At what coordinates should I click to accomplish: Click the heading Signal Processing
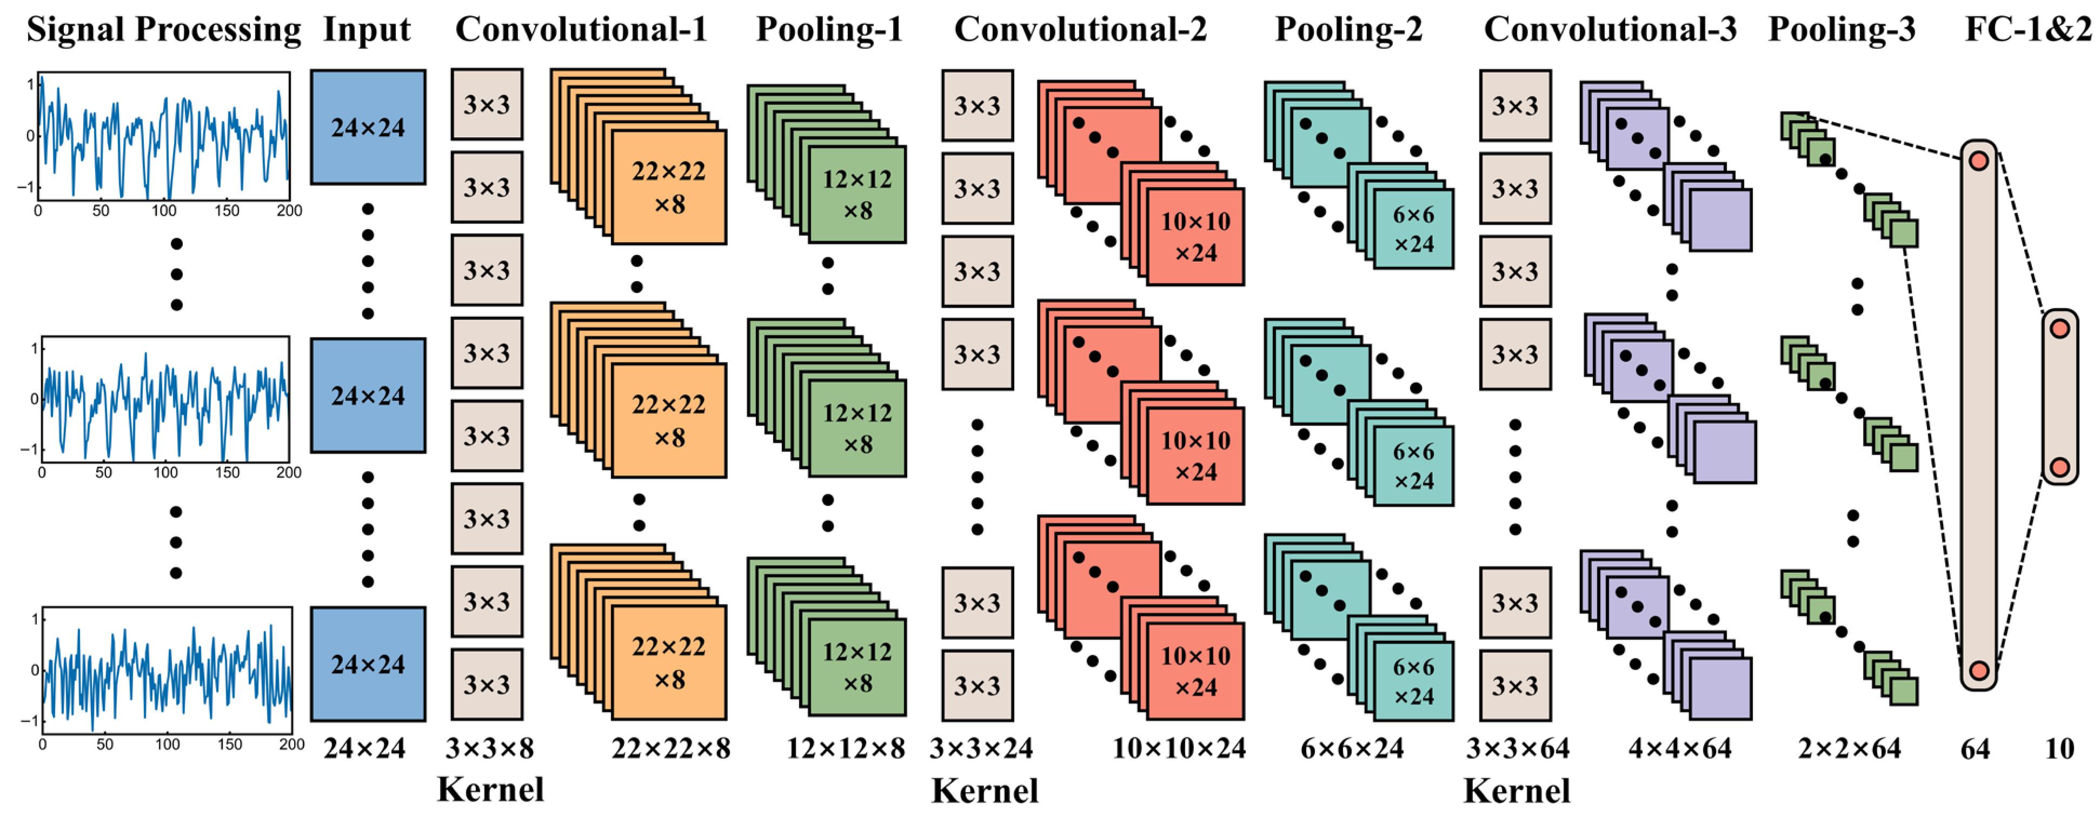[x=164, y=30]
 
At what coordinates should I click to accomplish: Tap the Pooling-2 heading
[x=1348, y=30]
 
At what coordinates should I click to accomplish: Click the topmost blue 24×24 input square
[x=368, y=127]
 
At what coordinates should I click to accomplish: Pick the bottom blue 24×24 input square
[x=368, y=664]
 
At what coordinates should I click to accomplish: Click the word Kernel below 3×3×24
[x=985, y=791]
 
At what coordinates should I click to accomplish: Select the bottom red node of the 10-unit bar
[x=2060, y=467]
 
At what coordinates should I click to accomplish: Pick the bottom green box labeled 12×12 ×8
[x=857, y=667]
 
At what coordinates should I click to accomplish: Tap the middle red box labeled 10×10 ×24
[x=1195, y=456]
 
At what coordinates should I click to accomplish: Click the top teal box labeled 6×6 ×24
[x=1413, y=229]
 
